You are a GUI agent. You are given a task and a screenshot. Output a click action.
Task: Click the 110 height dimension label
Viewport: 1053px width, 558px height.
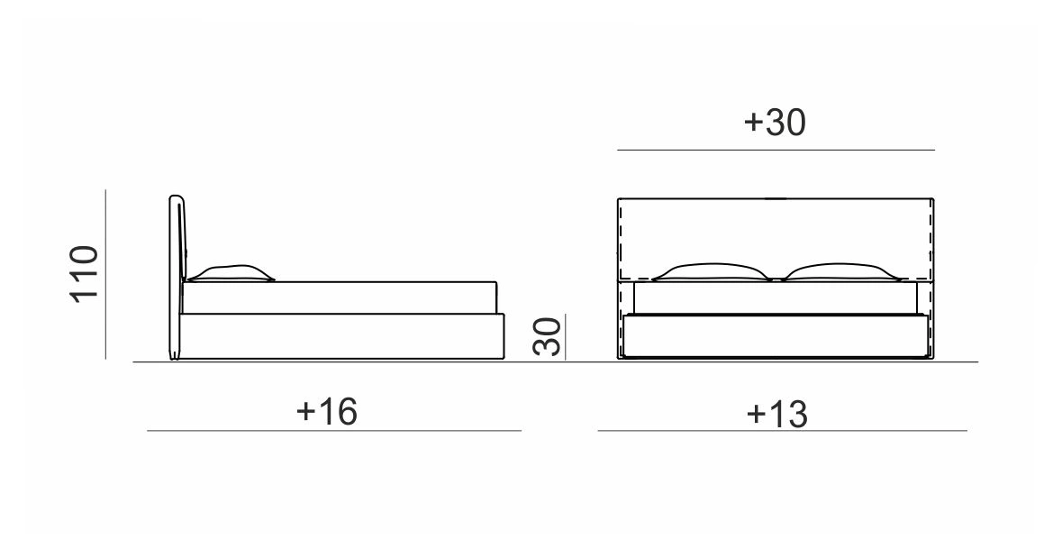point(85,274)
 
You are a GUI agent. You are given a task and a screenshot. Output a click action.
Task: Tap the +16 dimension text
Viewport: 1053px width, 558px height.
point(326,411)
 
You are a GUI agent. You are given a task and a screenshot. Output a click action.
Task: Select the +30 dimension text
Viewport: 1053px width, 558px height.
point(775,123)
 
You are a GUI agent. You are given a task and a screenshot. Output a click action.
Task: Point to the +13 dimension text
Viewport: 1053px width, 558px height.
point(777,414)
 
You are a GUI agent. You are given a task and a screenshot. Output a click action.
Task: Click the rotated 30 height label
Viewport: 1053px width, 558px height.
point(547,336)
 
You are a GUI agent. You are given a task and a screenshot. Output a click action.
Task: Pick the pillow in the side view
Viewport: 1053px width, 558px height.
point(231,273)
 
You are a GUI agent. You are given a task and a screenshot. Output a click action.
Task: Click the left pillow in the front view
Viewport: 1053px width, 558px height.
point(711,271)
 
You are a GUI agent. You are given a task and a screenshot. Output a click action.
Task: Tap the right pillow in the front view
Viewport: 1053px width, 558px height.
point(840,271)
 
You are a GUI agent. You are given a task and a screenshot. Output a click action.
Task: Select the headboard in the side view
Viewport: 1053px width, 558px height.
point(176,277)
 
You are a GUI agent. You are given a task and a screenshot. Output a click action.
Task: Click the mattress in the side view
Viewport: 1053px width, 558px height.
point(340,297)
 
